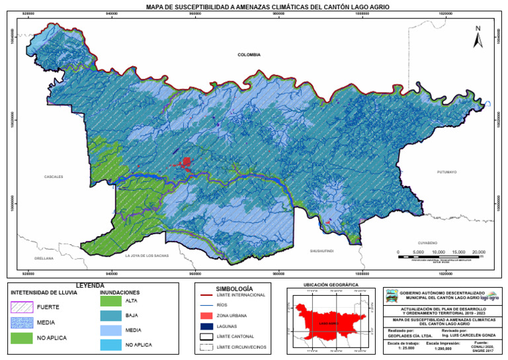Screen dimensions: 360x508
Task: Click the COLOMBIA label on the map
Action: pos(249,55)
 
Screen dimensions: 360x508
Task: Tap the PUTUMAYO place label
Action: pos(447,171)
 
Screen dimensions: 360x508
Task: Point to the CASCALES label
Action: pos(54,177)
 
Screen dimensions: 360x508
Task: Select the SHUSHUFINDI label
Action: pos(322,251)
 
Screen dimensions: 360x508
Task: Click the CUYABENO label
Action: pos(429,243)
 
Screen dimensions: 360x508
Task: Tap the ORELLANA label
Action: pos(44,258)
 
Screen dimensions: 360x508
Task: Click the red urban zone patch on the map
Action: pos(187,161)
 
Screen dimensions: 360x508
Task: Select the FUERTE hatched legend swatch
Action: pos(21,307)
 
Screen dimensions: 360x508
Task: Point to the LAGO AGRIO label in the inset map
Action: pos(329,324)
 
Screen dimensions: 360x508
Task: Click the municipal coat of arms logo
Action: pos(392,296)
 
